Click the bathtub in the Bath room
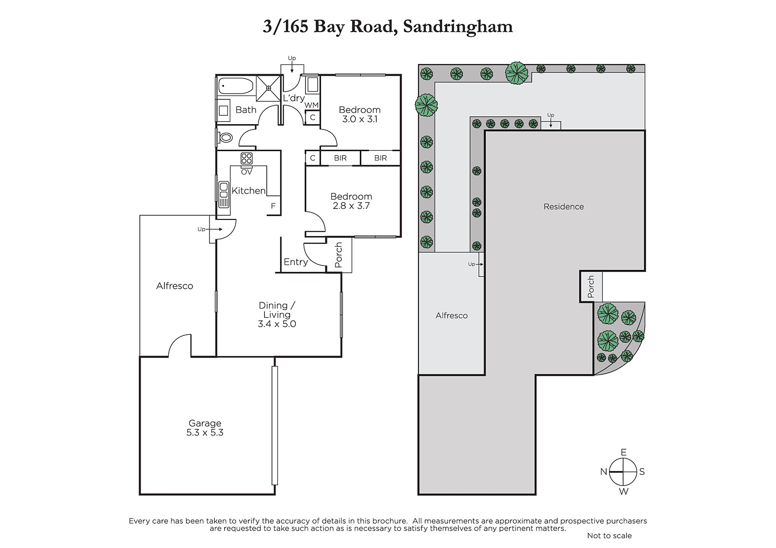click(x=236, y=85)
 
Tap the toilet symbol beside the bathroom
click(x=225, y=138)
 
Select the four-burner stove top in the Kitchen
click(x=247, y=158)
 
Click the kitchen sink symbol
click(x=224, y=194)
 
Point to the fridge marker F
click(x=273, y=206)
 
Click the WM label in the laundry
click(x=311, y=105)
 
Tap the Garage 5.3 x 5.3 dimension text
click(x=205, y=432)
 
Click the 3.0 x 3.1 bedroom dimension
click(x=359, y=119)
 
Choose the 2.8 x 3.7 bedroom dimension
click(x=351, y=205)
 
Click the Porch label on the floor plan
click(x=339, y=255)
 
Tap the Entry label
click(x=295, y=262)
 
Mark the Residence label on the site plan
click(x=564, y=207)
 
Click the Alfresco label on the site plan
click(x=452, y=316)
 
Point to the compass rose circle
click(x=623, y=472)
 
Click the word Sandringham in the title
click(x=458, y=27)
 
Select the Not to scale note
click(x=609, y=535)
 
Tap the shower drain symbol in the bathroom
click(x=269, y=89)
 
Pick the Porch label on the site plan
click(x=591, y=287)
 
